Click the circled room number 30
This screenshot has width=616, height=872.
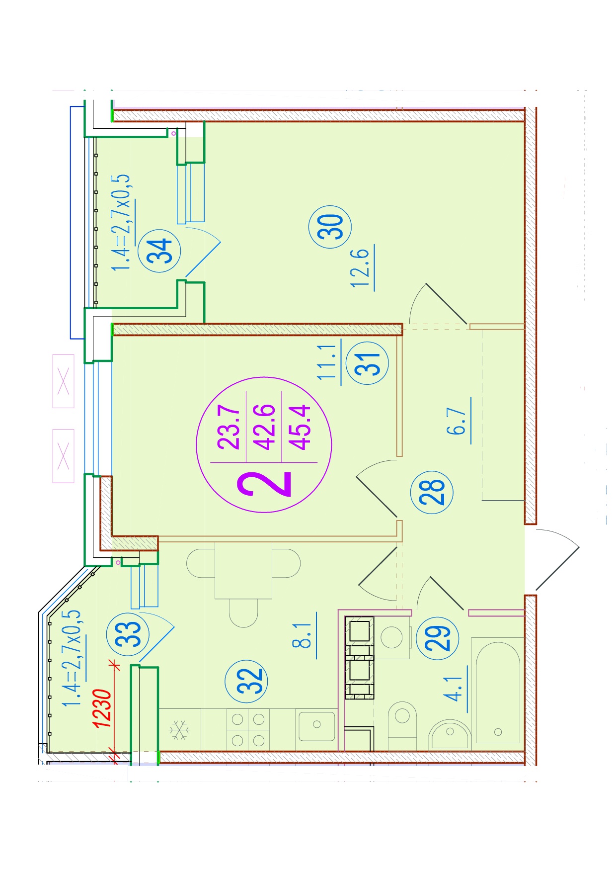[330, 227]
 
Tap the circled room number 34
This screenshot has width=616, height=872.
[159, 251]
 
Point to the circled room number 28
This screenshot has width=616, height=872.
[432, 492]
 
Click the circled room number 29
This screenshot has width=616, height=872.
[437, 638]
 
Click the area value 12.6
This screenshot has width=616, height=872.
[361, 268]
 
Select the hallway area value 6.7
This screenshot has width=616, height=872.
[457, 421]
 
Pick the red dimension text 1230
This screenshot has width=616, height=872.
[102, 708]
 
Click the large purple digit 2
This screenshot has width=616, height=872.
[264, 484]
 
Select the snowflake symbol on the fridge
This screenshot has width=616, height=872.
[179, 730]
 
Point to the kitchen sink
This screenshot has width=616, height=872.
[316, 726]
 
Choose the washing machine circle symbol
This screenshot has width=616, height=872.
[391, 638]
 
